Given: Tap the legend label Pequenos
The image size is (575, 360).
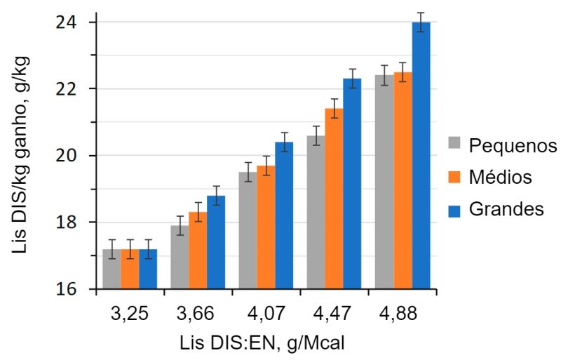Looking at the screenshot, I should (x=513, y=146).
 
